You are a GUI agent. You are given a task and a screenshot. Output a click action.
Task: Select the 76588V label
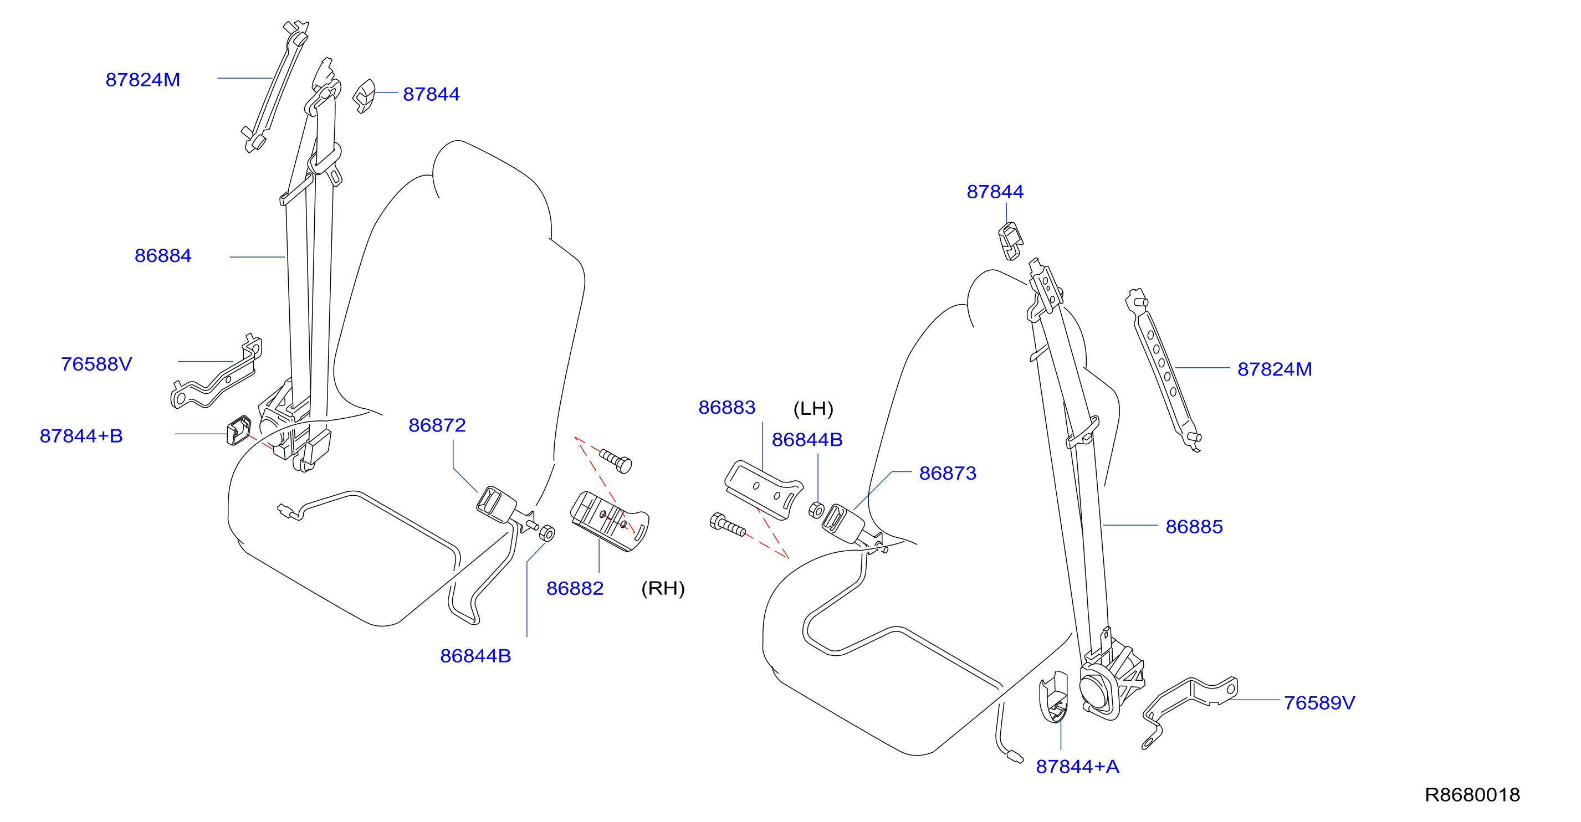pos(96,364)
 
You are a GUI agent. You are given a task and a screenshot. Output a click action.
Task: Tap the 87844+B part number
pos(81,435)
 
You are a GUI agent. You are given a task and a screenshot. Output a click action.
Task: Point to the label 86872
pos(437,425)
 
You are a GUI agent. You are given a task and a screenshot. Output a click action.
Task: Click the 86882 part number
pos(575,588)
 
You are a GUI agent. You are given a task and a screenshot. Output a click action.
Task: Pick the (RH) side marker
pos(663,588)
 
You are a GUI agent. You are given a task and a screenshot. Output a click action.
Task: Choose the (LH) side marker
pos(813,409)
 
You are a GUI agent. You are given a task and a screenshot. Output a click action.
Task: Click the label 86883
pos(726,407)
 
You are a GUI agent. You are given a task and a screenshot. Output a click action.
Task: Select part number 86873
pos(948,473)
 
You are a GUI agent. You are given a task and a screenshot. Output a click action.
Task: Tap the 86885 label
pos(1194,526)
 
